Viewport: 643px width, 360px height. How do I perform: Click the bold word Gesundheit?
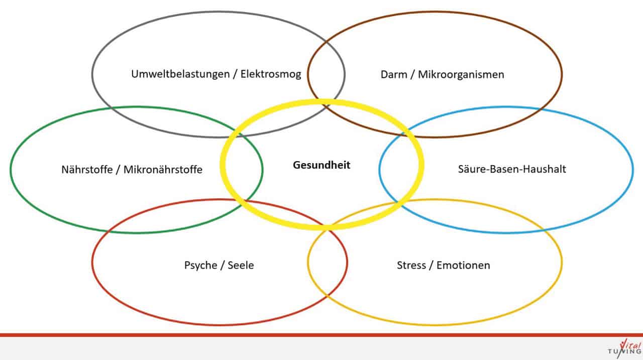click(321, 165)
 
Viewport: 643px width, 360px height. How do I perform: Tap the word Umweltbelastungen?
click(180, 74)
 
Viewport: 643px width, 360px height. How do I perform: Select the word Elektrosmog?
click(271, 74)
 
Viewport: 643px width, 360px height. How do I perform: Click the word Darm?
click(394, 75)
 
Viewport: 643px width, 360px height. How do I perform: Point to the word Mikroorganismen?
click(461, 75)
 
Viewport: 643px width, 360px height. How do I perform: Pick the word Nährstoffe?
click(87, 170)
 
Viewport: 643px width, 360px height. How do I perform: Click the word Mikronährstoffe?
click(163, 170)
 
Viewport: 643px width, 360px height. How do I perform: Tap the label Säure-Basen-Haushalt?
click(512, 169)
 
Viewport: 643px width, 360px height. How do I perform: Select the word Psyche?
click(200, 265)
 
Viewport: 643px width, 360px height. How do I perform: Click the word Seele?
click(241, 265)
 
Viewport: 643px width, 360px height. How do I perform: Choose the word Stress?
click(411, 265)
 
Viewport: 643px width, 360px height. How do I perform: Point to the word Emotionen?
click(463, 265)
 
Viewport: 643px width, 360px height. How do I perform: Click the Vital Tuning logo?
click(624, 348)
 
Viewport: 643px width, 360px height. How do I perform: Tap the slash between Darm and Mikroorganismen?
click(412, 75)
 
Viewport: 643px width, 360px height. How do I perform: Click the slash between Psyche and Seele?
click(223, 266)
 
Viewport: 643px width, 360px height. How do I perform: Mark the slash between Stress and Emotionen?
click(431, 266)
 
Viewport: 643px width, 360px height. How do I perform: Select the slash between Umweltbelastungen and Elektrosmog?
click(235, 74)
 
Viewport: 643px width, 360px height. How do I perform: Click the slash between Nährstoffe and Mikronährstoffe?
click(118, 170)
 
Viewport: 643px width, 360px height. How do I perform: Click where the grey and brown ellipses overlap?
click(327, 74)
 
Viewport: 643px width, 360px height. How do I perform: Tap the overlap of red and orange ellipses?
click(328, 262)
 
